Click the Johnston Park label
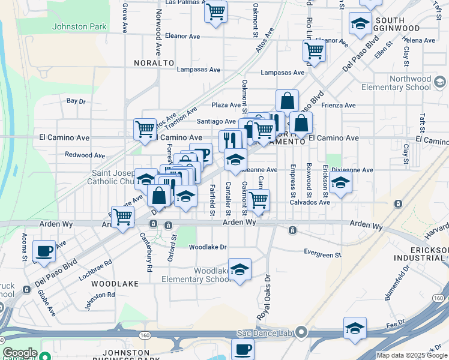coord(79,26)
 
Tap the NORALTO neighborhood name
coord(154,62)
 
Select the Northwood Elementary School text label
coord(402,83)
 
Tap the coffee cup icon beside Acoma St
coord(44,251)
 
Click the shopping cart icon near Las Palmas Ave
coord(215,10)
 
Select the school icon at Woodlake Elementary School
coord(240,269)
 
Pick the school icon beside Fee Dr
coord(355,328)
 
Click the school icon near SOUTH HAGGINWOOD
coord(360,24)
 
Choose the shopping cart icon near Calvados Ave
coord(259,200)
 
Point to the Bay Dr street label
coord(76,101)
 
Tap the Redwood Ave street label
coord(81,155)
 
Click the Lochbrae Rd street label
coord(95,271)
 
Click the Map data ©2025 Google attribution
coord(412,355)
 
